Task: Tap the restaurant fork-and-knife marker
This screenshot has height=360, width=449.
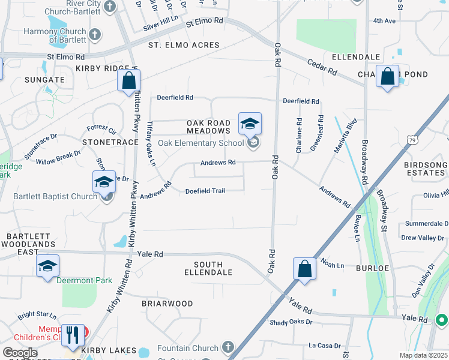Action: (73, 335)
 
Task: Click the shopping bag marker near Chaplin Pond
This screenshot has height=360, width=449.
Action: (387, 77)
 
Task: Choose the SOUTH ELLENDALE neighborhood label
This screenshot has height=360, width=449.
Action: (208, 268)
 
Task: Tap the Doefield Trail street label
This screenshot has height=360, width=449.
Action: (205, 191)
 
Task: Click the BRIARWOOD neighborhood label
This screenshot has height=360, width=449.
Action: (167, 304)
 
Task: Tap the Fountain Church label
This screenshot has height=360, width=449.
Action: (187, 348)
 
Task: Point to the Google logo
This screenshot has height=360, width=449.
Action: (19, 353)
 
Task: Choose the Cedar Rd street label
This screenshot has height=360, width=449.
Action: (321, 67)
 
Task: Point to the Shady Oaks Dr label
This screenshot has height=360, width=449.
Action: (291, 322)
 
